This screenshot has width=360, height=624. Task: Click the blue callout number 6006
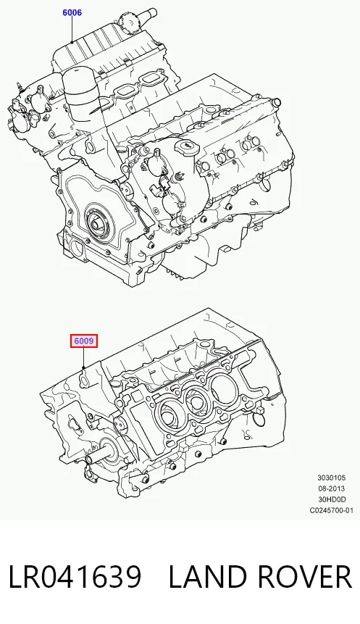(x=72, y=13)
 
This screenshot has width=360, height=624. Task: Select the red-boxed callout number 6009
(x=84, y=341)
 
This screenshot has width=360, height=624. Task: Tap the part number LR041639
(x=75, y=577)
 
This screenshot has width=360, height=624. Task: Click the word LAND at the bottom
(x=209, y=577)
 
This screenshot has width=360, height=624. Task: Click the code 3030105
(x=331, y=478)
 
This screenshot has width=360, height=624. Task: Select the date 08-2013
(x=331, y=488)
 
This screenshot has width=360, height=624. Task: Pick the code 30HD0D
(x=331, y=499)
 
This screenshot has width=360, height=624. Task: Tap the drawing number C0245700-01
(x=331, y=510)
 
